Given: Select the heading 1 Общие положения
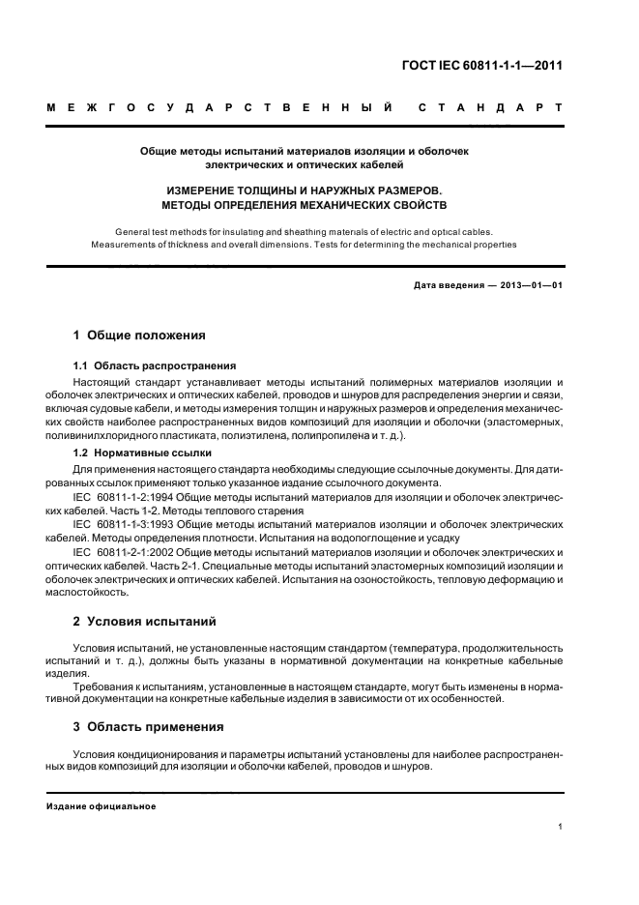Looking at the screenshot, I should point(140,336).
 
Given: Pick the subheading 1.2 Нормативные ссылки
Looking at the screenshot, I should point(143,452).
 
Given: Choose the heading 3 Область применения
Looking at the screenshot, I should point(149,726).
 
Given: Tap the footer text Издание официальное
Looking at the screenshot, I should point(101,805).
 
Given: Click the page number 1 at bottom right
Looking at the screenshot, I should point(561,827).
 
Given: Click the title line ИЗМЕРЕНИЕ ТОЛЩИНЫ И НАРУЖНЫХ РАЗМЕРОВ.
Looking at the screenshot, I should point(304,191).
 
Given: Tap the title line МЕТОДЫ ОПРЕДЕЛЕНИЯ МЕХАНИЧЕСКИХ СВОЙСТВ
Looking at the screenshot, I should point(304,206).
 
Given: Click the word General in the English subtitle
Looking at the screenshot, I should point(134,232).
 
